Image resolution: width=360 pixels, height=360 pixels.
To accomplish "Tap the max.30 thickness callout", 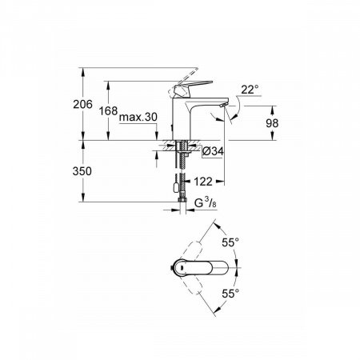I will pos(137,118).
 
